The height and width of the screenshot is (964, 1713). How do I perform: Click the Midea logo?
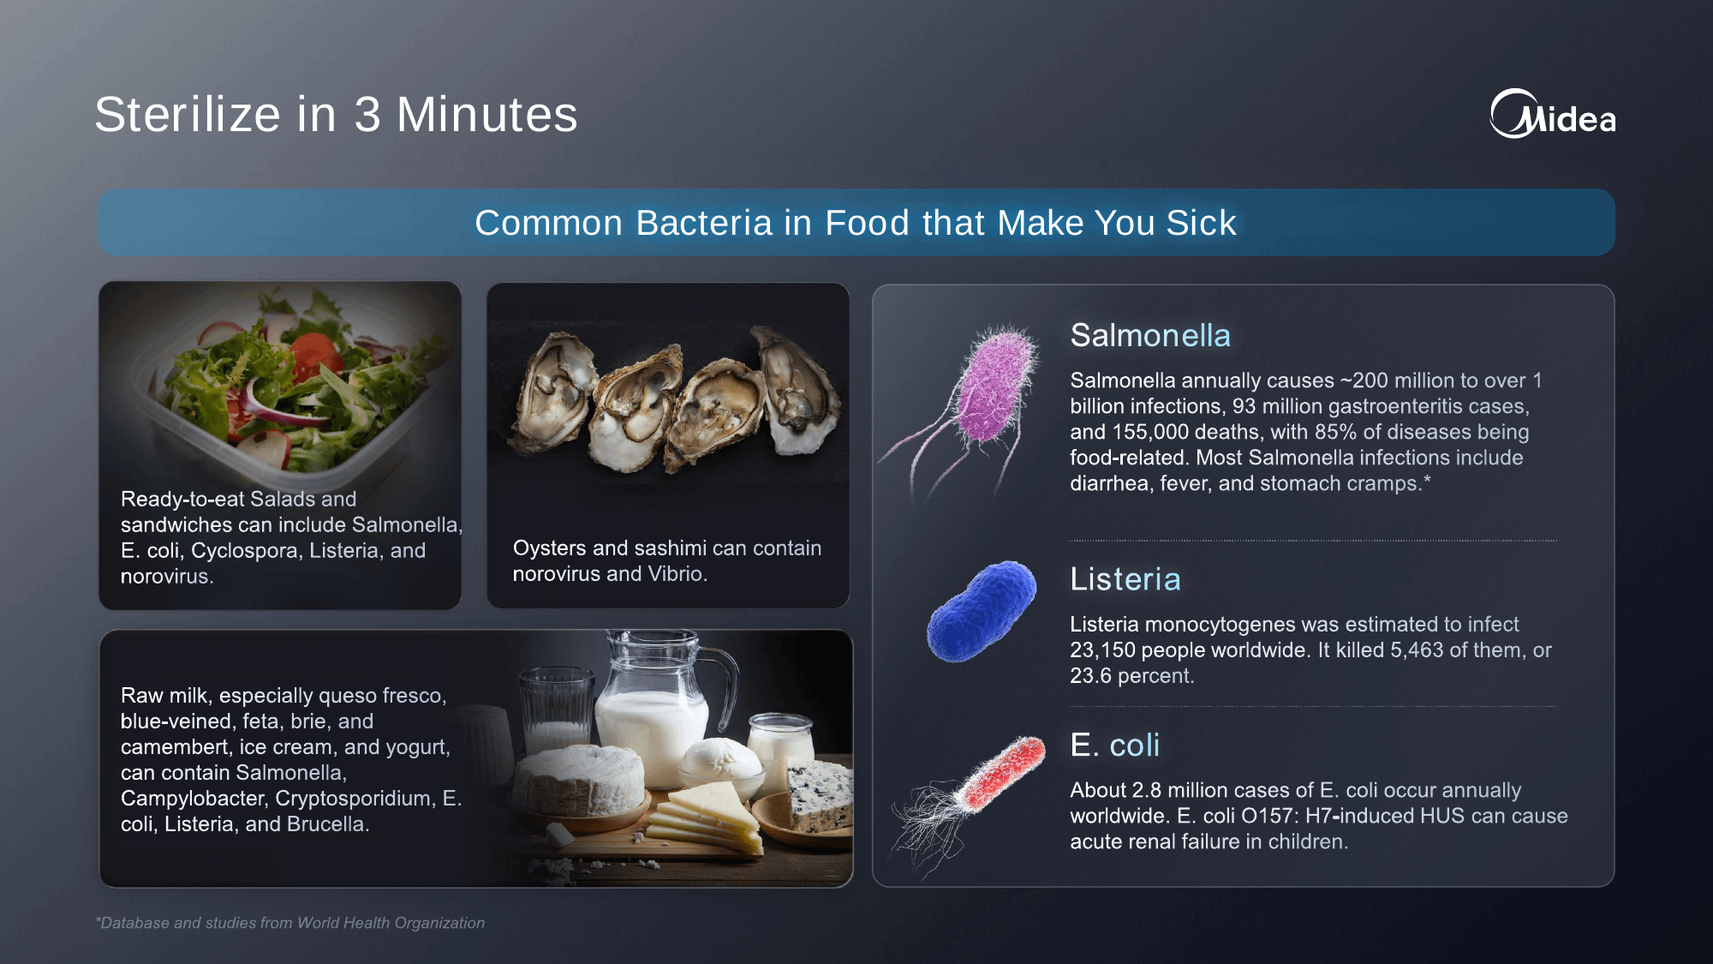[1553, 114]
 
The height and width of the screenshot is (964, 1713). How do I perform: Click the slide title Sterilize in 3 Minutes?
[336, 115]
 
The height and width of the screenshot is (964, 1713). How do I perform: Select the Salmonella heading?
[1150, 335]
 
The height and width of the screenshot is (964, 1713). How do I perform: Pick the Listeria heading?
[1125, 579]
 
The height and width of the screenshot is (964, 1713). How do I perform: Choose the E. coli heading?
[1114, 745]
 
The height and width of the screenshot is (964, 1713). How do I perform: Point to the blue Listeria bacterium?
[982, 610]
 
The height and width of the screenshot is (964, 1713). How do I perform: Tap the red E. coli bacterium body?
[1004, 772]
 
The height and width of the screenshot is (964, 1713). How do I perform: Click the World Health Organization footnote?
[290, 923]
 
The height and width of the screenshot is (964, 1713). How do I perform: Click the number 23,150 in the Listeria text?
[1102, 650]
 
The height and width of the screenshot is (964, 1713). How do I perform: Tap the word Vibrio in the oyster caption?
[677, 574]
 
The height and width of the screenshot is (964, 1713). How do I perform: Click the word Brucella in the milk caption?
[328, 824]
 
